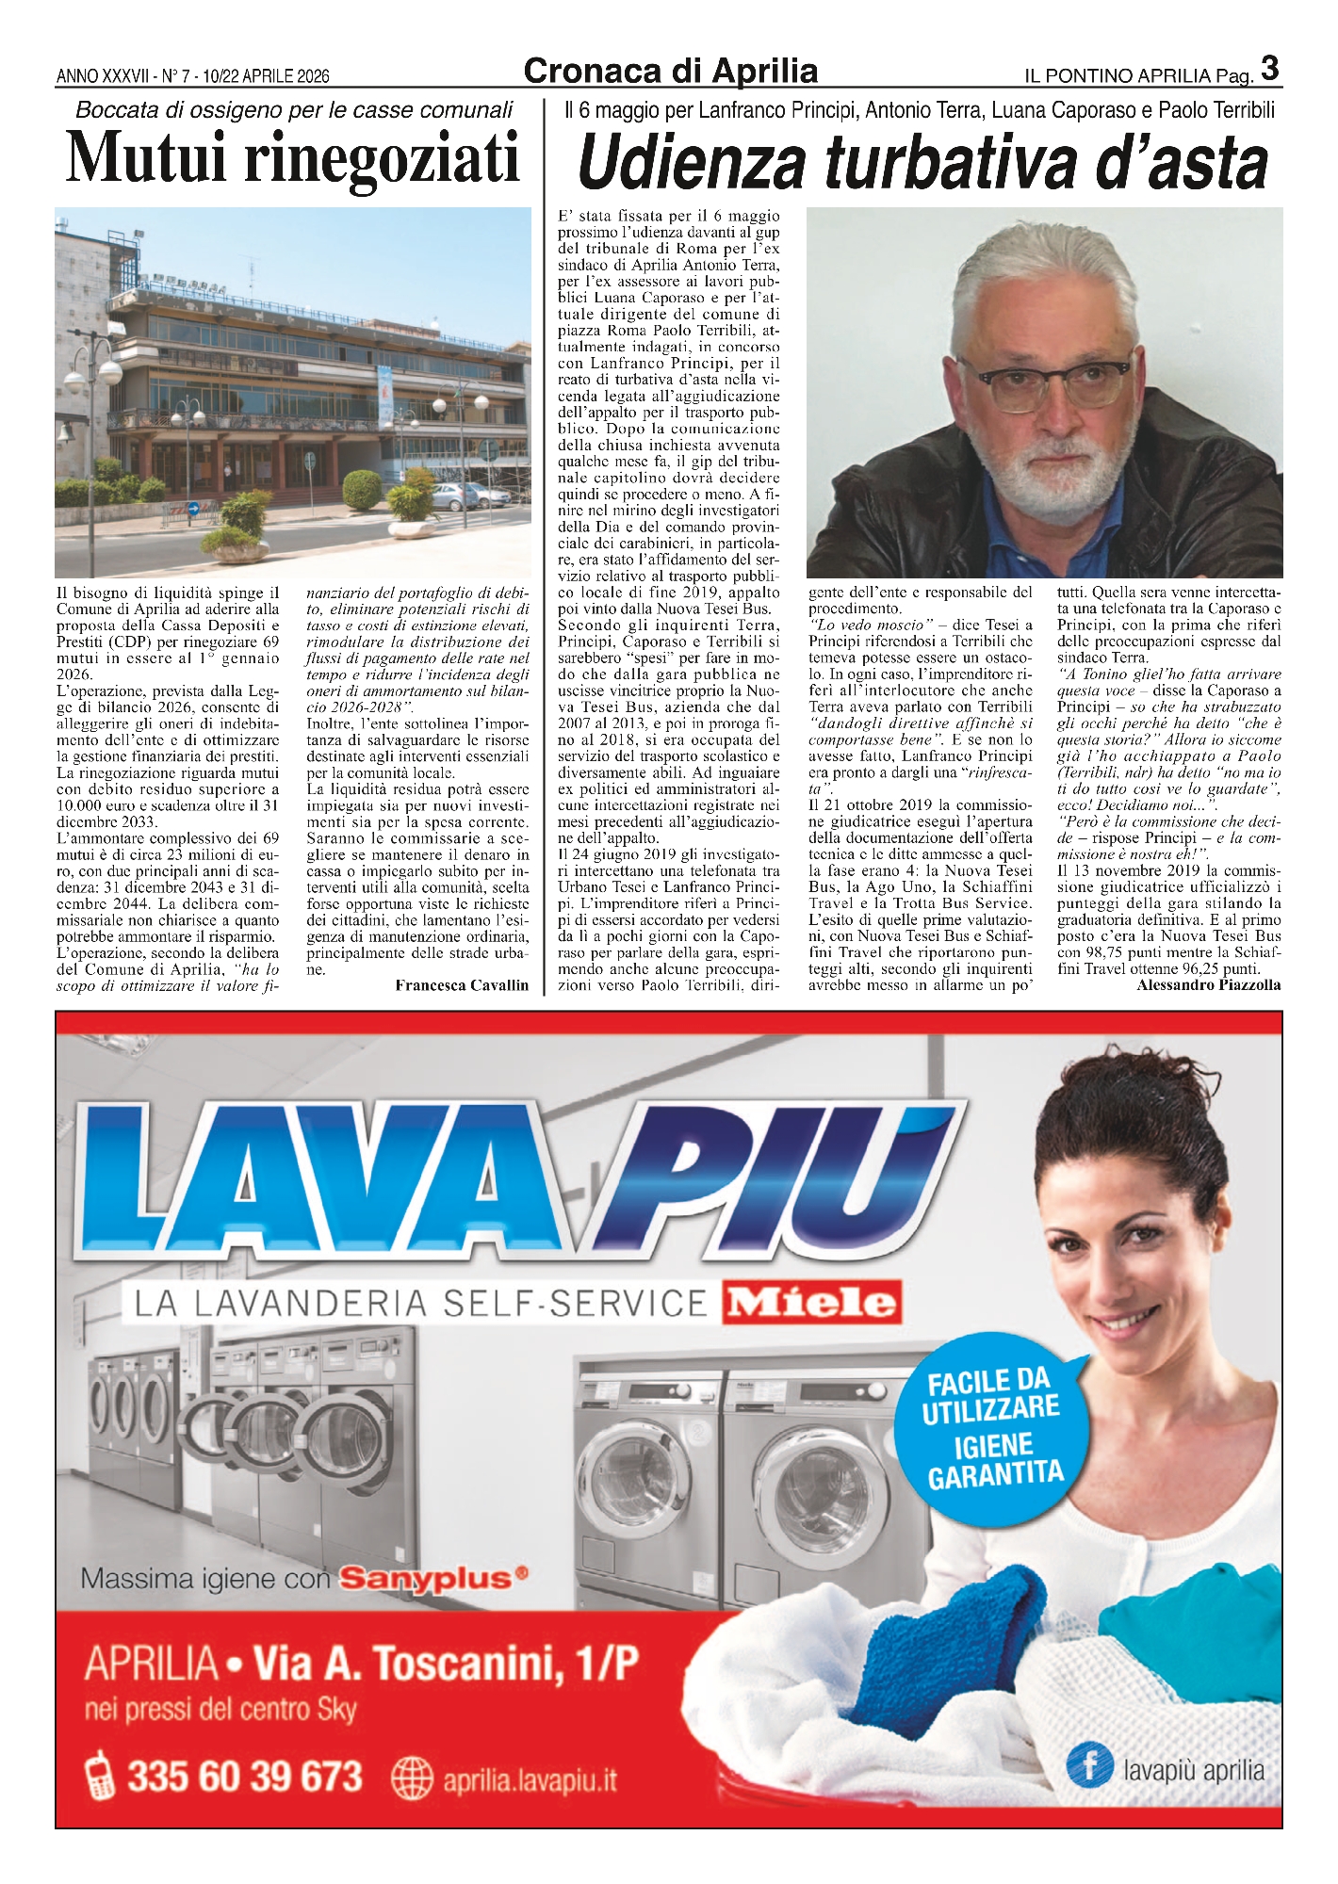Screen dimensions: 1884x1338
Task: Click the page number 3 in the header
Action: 1269,68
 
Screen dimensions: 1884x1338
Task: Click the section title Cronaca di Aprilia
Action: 670,71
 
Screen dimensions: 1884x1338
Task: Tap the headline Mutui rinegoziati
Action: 293,158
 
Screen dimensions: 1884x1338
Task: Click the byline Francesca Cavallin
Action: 462,985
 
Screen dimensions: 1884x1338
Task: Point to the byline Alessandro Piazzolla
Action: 1208,984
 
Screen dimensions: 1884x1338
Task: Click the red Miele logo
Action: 811,1303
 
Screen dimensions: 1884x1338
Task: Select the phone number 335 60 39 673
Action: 245,1777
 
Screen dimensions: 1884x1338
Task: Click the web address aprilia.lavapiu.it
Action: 530,1780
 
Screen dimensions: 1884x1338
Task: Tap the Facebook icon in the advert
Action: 1090,1763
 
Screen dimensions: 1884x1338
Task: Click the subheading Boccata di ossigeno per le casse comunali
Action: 294,110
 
